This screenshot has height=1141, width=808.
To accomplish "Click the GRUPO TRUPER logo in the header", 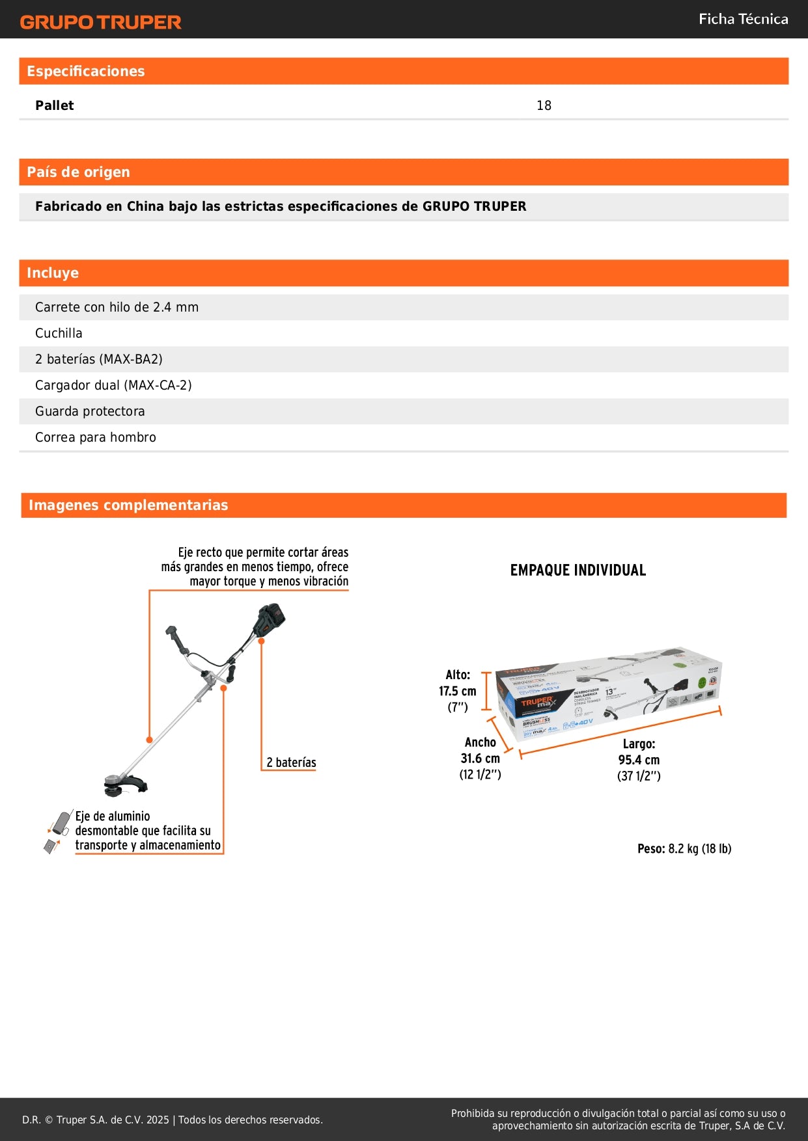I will point(100,22).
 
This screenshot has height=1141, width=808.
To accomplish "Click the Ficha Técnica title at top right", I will point(743,20).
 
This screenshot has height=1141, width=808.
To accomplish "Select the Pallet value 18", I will point(544,105).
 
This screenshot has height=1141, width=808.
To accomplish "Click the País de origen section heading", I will point(78,172).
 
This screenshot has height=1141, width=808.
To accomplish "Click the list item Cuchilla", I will point(59,333).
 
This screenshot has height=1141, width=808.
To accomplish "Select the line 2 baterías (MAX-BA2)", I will point(99,359).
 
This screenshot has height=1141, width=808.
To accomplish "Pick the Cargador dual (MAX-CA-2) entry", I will point(113,385).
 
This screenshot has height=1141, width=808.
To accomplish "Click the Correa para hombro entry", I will point(96,437).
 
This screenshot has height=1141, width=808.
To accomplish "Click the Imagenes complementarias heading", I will point(128,505).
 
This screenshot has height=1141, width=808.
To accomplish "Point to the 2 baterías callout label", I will point(291,762).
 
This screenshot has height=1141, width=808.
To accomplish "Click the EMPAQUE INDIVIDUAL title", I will point(578,570).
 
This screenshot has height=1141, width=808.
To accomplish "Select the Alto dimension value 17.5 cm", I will point(457,691).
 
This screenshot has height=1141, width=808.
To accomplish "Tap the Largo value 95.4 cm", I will point(639,760).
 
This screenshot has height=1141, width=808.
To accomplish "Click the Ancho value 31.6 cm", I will point(480,758).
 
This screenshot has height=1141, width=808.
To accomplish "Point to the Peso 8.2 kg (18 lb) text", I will point(684,849).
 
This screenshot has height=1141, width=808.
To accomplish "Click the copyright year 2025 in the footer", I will point(158,1120).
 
